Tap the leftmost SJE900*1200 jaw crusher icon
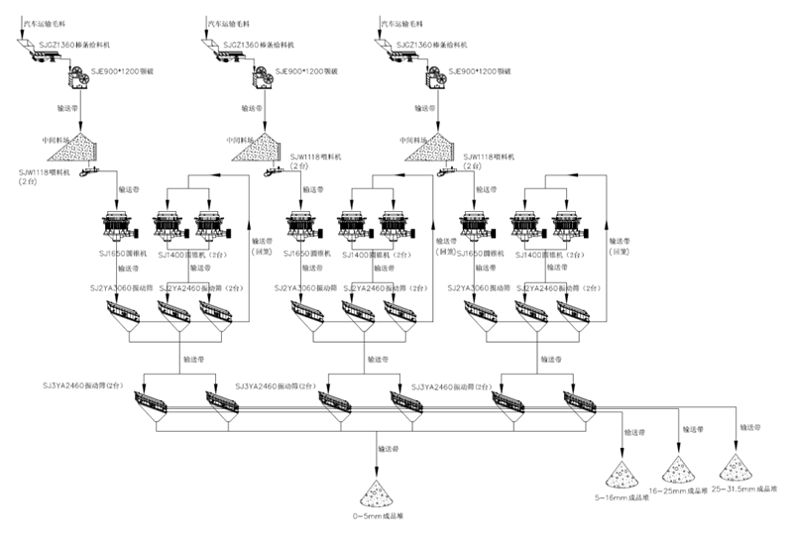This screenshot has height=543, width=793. (77, 77)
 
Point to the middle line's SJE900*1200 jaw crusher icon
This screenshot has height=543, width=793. (263, 77)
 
